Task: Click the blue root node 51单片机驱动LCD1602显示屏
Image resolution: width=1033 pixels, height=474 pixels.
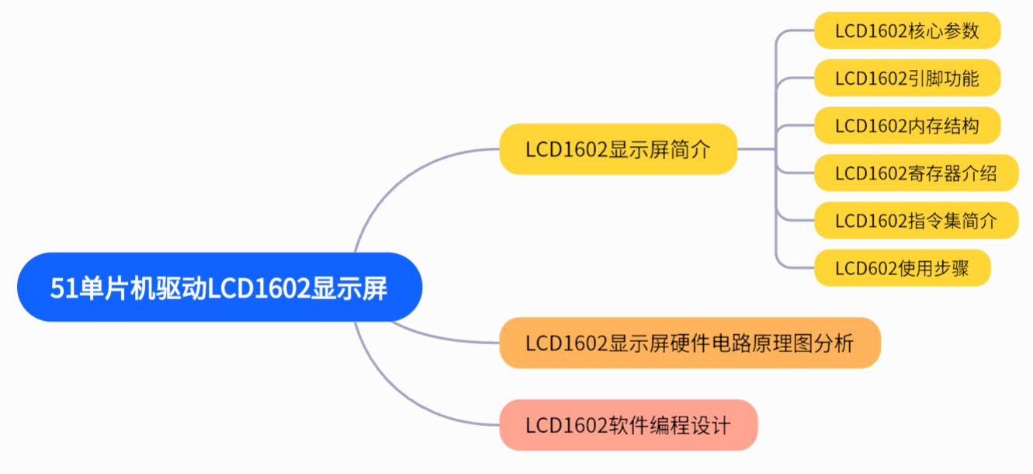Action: [220, 288]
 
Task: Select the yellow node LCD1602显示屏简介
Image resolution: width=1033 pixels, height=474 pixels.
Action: [618, 148]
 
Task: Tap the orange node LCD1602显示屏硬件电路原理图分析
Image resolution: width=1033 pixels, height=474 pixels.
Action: [689, 343]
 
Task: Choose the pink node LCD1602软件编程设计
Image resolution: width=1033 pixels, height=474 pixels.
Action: [628, 425]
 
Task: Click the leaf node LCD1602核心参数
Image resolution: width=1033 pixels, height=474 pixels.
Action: [906, 31]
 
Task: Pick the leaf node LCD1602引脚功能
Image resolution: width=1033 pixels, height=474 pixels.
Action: [906, 78]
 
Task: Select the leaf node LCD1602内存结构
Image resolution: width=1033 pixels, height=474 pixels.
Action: [906, 126]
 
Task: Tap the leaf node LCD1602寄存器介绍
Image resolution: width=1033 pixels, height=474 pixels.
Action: [916, 173]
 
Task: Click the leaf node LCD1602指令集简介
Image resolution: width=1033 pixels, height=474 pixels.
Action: [916, 221]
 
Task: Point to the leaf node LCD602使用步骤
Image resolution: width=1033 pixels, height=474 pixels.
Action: [902, 268]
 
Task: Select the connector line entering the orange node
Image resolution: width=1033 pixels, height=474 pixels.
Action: [450, 340]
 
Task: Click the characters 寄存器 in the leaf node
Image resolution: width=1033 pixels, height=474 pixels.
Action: [934, 173]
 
